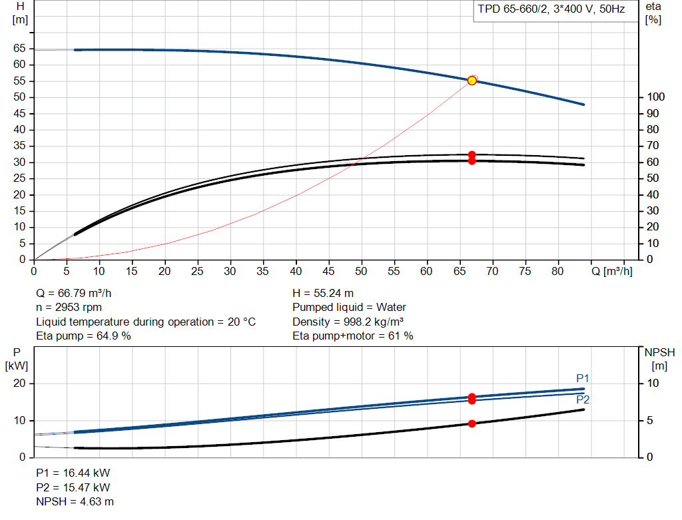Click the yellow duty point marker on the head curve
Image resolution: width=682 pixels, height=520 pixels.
point(472,81)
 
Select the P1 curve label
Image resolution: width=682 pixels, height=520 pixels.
point(582,378)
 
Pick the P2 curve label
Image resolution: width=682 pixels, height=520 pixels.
point(583,399)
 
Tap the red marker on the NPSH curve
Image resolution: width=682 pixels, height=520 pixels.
point(472,423)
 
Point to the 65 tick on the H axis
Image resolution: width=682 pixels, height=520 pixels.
point(19,48)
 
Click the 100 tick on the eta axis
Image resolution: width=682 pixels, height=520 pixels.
point(655,97)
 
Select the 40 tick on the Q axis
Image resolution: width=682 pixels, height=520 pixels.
point(296,271)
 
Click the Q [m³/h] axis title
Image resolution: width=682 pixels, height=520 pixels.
point(611,271)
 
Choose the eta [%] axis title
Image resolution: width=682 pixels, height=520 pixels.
point(653,13)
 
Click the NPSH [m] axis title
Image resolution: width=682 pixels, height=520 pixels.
point(659,359)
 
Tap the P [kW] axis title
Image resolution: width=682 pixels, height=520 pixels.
point(17,359)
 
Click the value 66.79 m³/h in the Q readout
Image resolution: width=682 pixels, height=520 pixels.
point(85,294)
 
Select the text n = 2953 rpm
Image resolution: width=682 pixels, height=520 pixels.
point(69,308)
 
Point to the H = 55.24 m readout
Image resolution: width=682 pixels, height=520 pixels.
point(323,294)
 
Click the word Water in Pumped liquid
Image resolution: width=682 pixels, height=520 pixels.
point(391,308)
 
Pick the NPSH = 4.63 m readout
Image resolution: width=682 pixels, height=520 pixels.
point(75,502)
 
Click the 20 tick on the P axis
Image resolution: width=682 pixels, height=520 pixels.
point(19,384)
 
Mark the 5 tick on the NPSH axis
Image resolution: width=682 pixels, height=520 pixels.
point(650,420)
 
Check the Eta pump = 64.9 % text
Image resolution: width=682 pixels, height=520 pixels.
point(83,336)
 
